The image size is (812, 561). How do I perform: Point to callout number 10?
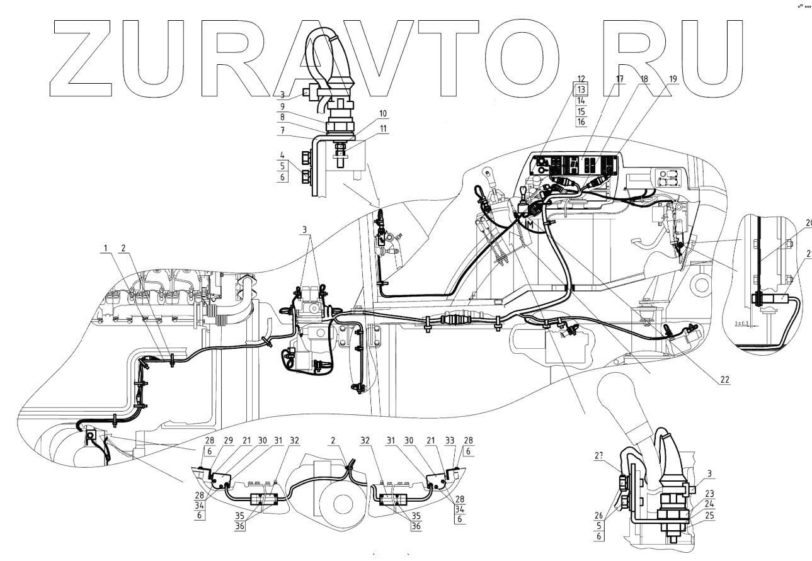coord(365,114)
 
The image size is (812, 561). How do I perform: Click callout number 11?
coord(365,128)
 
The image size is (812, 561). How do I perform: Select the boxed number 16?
coord(581,122)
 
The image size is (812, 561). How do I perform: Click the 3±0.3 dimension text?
coord(745,324)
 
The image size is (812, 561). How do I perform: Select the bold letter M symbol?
coord(530,225)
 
